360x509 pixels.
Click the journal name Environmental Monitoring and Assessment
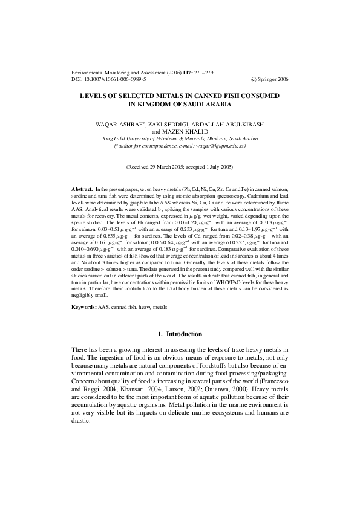tap(114, 71)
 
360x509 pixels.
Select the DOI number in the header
tap(108, 79)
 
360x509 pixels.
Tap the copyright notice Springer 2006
tap(272, 79)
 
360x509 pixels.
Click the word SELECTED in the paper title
tap(137, 96)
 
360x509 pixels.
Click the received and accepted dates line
tap(180, 166)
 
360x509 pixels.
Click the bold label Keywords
tap(84, 308)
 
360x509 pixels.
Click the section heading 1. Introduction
tap(180, 334)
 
